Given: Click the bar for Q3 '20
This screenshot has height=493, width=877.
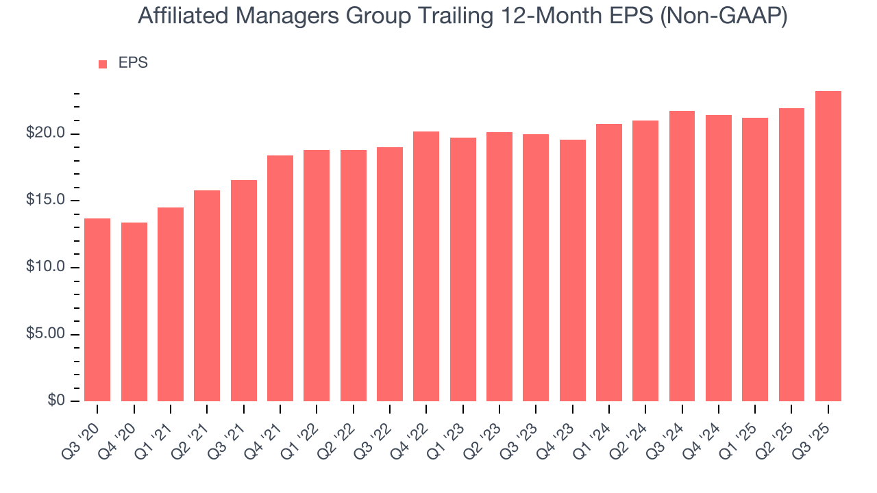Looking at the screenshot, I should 97,309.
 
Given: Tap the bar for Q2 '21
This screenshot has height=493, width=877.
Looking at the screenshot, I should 207,296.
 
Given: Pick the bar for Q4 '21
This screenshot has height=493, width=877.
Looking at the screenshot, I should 280,278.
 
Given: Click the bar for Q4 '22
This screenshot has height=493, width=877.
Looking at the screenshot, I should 426,266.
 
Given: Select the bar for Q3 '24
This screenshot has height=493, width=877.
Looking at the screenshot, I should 682,256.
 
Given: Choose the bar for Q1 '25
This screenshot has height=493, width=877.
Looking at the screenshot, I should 755,260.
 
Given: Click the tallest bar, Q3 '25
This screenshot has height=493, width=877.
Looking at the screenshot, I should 828,246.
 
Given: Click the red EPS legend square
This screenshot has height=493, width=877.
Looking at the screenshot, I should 103,64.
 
